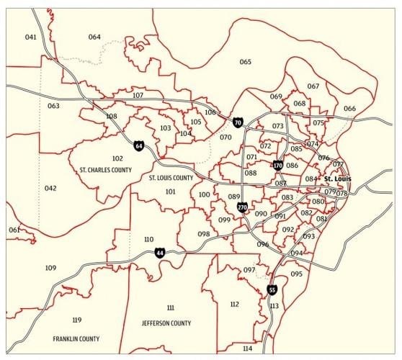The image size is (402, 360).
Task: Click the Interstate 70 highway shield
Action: click(x=238, y=123)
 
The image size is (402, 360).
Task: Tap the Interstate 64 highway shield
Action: click(x=138, y=146)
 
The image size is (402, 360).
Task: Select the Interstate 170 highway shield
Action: click(x=277, y=166)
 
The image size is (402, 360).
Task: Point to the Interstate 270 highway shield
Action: click(x=242, y=207)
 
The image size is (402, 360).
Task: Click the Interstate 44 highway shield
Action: click(x=160, y=253)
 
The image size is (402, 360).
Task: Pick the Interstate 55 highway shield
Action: click(x=272, y=289)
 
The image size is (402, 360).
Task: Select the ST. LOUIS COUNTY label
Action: click(x=171, y=177)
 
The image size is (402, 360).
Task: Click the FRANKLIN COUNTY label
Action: click(x=76, y=338)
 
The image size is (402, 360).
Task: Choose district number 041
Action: click(x=30, y=37)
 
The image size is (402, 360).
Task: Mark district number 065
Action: click(x=246, y=62)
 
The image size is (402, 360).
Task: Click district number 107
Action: click(x=138, y=95)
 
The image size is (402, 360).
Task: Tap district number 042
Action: click(x=50, y=188)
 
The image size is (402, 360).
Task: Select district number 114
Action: click(x=248, y=348)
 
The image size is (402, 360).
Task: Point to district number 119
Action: click(x=77, y=320)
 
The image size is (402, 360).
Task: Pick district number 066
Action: click(x=349, y=109)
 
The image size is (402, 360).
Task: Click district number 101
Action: click(x=170, y=192)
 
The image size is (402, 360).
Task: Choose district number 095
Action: click(x=296, y=274)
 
